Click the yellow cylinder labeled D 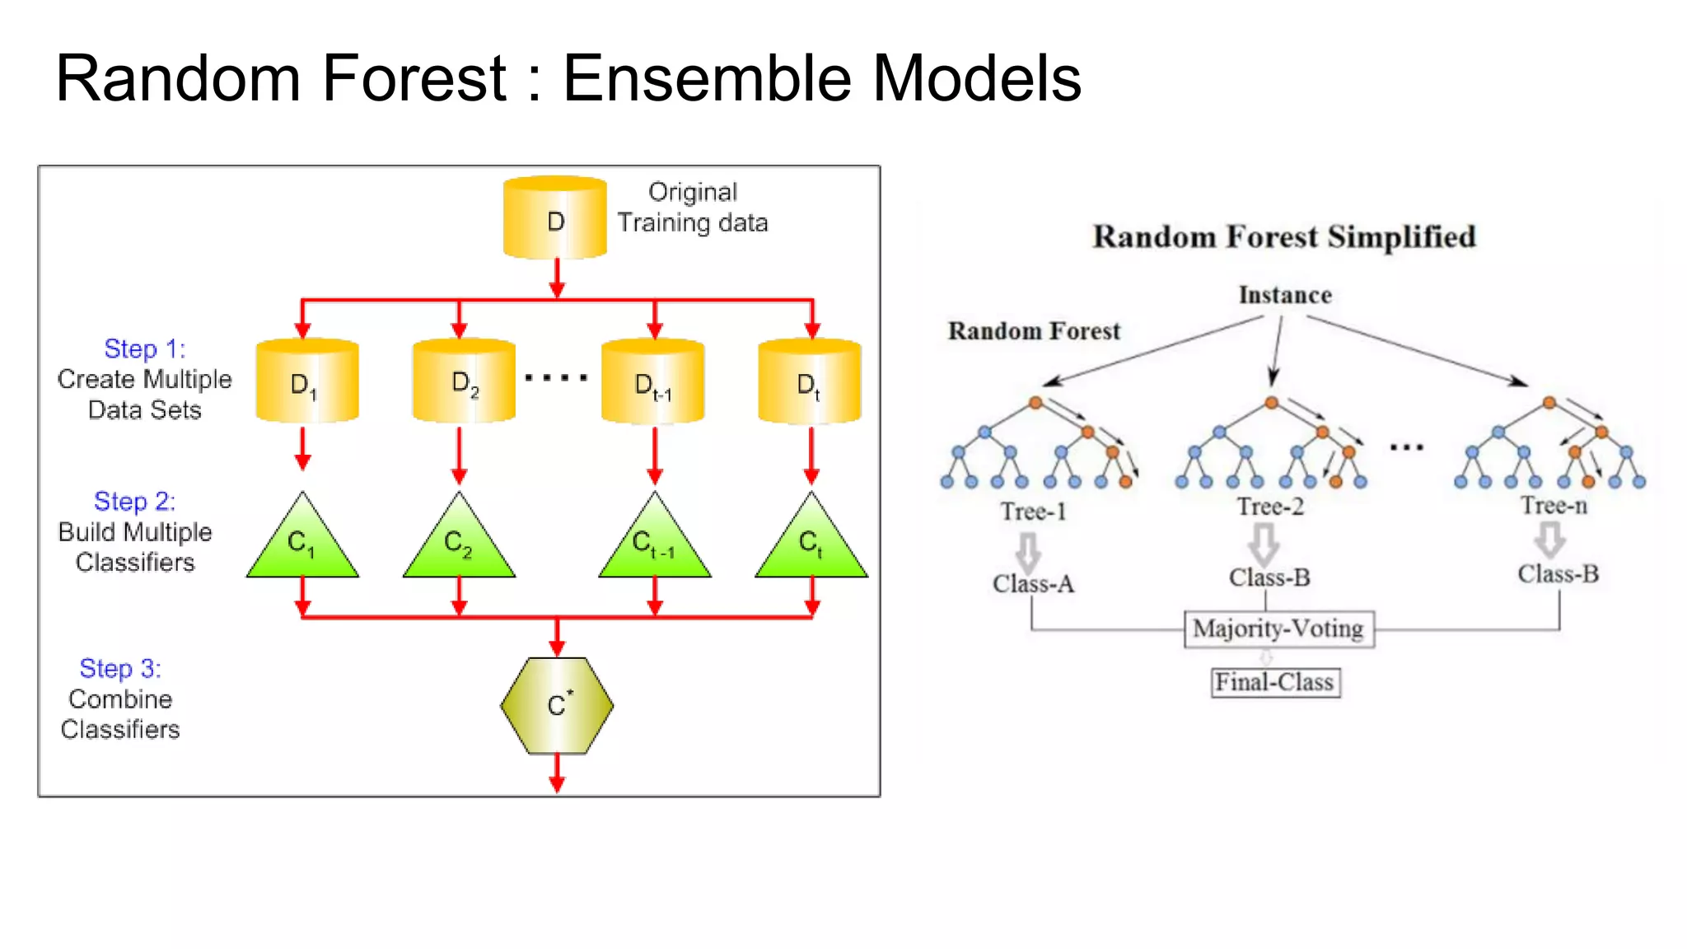point(554,218)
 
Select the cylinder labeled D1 point(306,381)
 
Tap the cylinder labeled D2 point(463,381)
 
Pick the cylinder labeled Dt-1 point(652,381)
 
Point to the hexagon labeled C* point(557,705)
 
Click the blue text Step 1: point(144,348)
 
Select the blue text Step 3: point(120,668)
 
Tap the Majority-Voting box point(1278,629)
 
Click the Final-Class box point(1274,683)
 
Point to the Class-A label point(1033,584)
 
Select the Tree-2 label point(1270,507)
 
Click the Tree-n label point(1554,505)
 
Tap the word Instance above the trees point(1285,295)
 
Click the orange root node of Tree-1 point(1035,403)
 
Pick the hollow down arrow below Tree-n point(1549,540)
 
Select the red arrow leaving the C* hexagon point(557,774)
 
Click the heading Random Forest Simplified point(1283,236)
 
